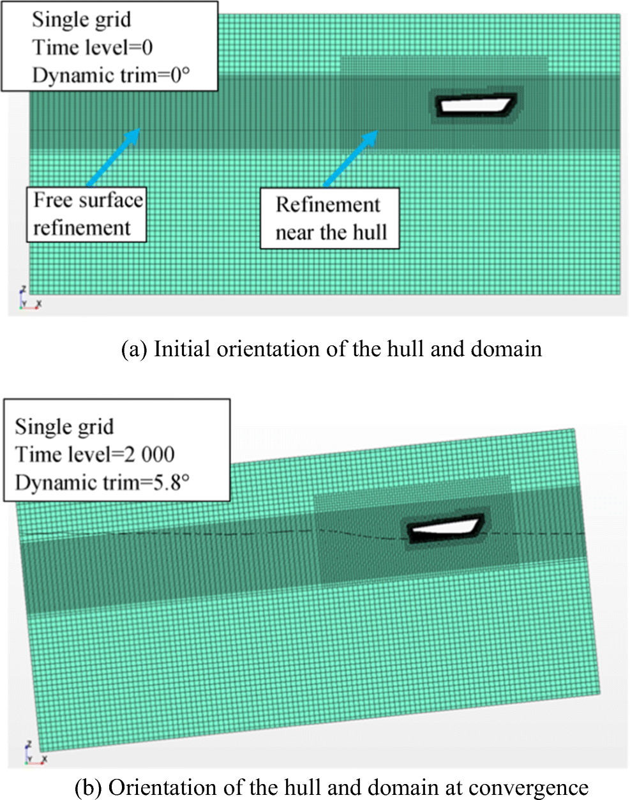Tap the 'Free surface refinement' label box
pos(86,215)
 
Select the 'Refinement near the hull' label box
pos(330,218)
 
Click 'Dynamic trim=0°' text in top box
pos(111,75)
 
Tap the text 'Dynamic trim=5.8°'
pos(102,482)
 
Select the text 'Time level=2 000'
pos(94,455)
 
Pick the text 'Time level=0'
pos(93,48)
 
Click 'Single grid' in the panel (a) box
pos(82,19)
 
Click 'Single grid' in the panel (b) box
pos(64,426)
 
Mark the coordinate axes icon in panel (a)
pos(29,298)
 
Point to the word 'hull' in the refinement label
pos(370,232)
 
